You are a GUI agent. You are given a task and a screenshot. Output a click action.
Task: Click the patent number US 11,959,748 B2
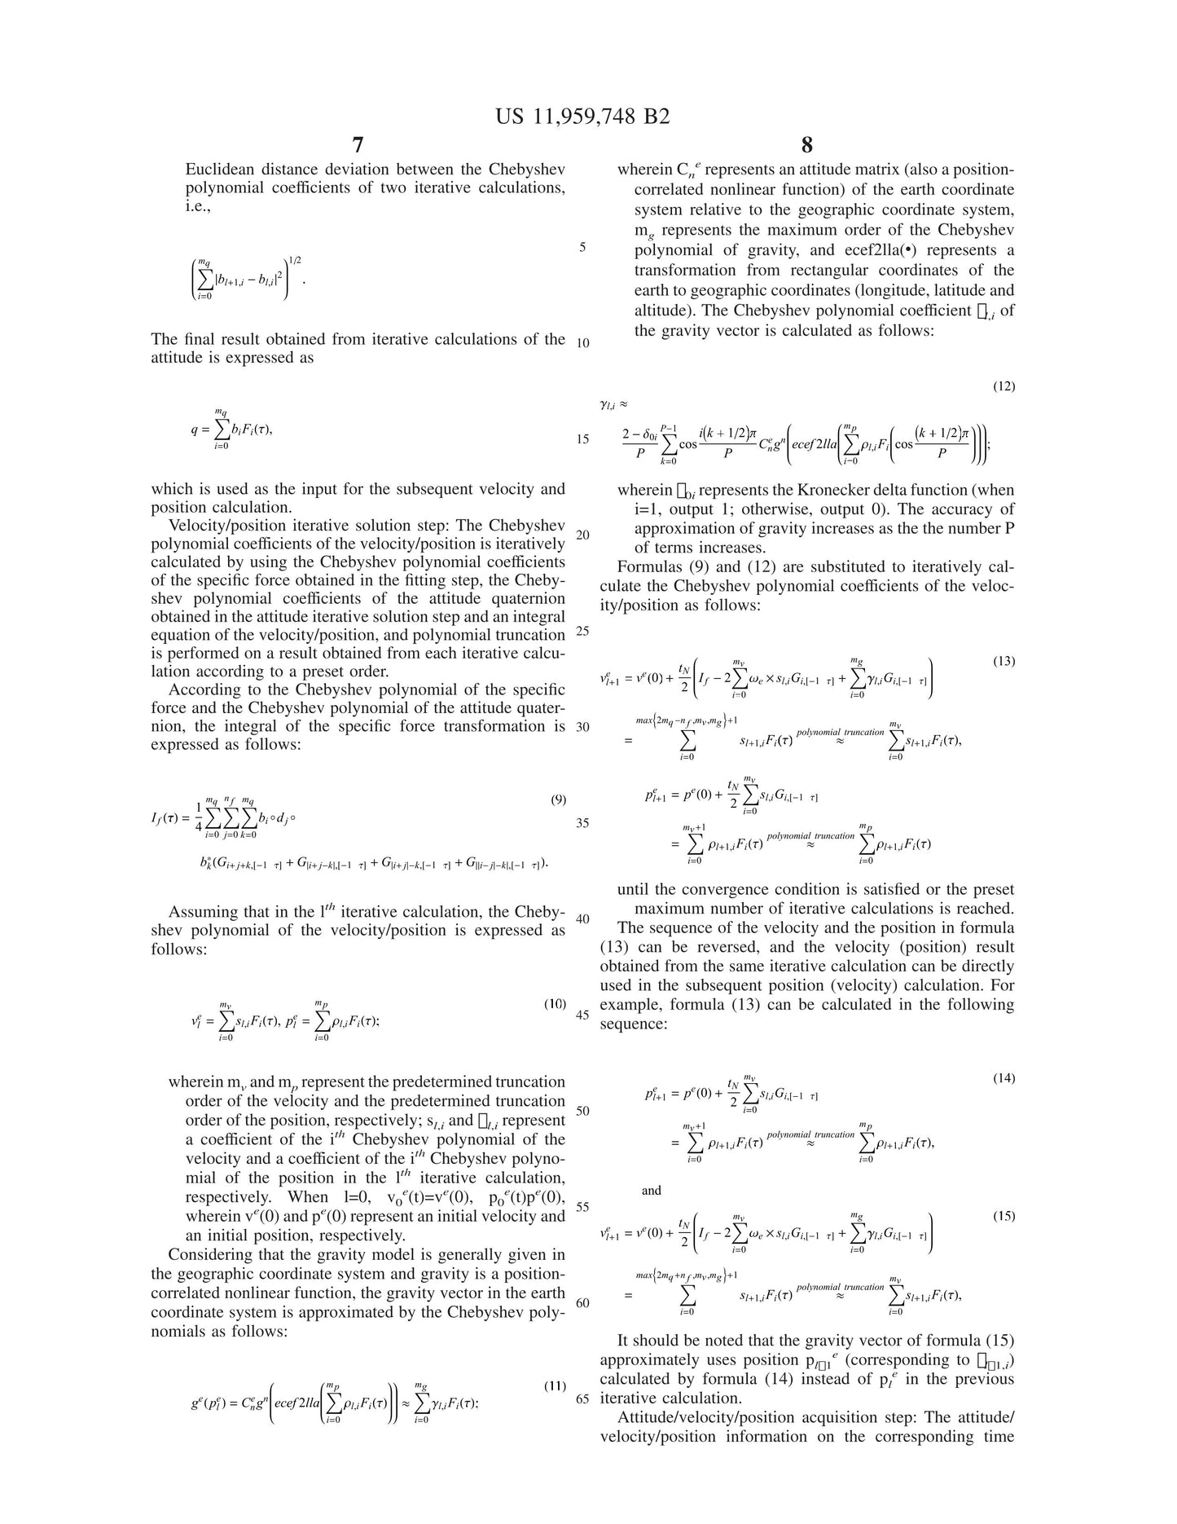[x=582, y=117]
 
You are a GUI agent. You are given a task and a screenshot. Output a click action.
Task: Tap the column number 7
[x=358, y=145]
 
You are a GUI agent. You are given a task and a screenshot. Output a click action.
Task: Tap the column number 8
[x=807, y=145]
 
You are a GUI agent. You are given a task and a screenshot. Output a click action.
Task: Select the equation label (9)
[x=558, y=799]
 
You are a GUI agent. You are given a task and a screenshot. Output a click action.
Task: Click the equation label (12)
[x=1004, y=385]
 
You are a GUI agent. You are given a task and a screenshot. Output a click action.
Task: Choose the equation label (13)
[x=1004, y=661]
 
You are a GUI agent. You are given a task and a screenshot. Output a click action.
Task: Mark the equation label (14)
[x=1004, y=1078]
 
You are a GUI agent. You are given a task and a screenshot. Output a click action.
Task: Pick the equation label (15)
[x=1004, y=1216]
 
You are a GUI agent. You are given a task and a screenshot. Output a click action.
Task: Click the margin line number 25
[x=582, y=631]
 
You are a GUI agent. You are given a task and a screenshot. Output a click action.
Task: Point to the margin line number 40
[x=582, y=918]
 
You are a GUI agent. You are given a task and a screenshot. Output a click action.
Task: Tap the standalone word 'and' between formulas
[x=652, y=1191]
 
